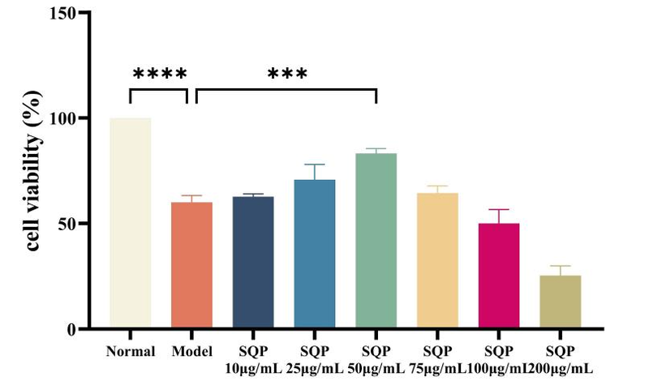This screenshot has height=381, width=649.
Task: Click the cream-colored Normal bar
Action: [130, 223]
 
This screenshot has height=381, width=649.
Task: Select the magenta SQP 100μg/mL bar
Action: [499, 276]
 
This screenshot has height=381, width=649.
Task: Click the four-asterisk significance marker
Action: [160, 75]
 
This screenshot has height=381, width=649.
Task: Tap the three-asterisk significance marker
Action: [288, 75]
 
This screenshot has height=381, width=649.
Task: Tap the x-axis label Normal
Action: [130, 352]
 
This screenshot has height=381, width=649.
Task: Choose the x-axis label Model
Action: [191, 352]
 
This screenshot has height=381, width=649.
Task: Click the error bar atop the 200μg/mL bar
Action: [561, 270]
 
